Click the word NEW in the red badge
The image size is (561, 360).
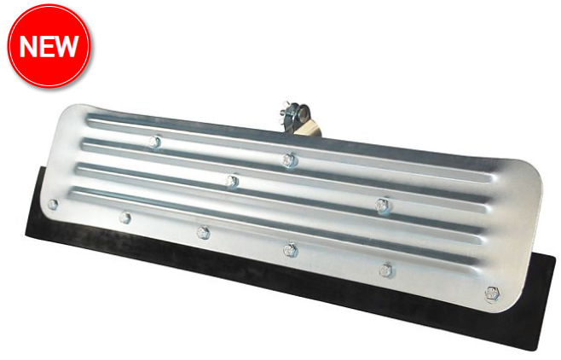pyautogui.click(x=49, y=46)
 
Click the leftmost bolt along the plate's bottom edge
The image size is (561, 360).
pyautogui.click(x=54, y=205)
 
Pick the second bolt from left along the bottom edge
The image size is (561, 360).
pyautogui.click(x=125, y=218)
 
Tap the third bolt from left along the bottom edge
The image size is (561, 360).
pyautogui.click(x=203, y=232)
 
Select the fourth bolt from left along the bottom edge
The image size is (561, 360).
pyautogui.click(x=289, y=249)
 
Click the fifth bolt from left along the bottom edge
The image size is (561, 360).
pyautogui.click(x=385, y=270)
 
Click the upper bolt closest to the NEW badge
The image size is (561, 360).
pyautogui.click(x=154, y=142)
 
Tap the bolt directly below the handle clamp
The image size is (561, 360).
pyautogui.click(x=290, y=159)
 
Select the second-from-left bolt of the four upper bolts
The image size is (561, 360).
pyautogui.click(x=232, y=180)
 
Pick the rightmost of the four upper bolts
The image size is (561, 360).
pyautogui.click(x=384, y=204)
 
